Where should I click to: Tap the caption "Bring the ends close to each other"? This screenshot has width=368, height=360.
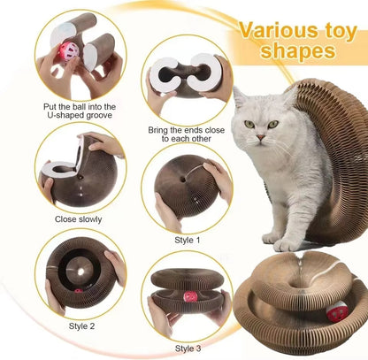pos(185,134)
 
